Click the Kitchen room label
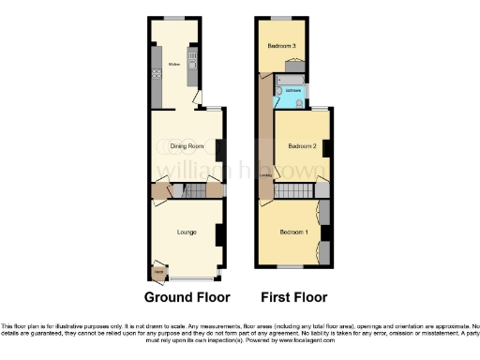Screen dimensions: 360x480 [x=173, y=64]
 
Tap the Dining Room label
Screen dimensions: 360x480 [x=187, y=146]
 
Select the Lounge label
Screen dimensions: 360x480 [x=187, y=231]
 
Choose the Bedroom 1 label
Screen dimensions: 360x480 [x=294, y=231]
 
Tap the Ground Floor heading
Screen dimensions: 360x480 [x=187, y=298]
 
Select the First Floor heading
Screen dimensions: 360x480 [x=295, y=298]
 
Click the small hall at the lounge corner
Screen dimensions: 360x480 [x=157, y=272]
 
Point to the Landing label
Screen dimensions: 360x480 [x=265, y=174]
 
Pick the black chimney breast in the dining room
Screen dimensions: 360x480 [x=219, y=150]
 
